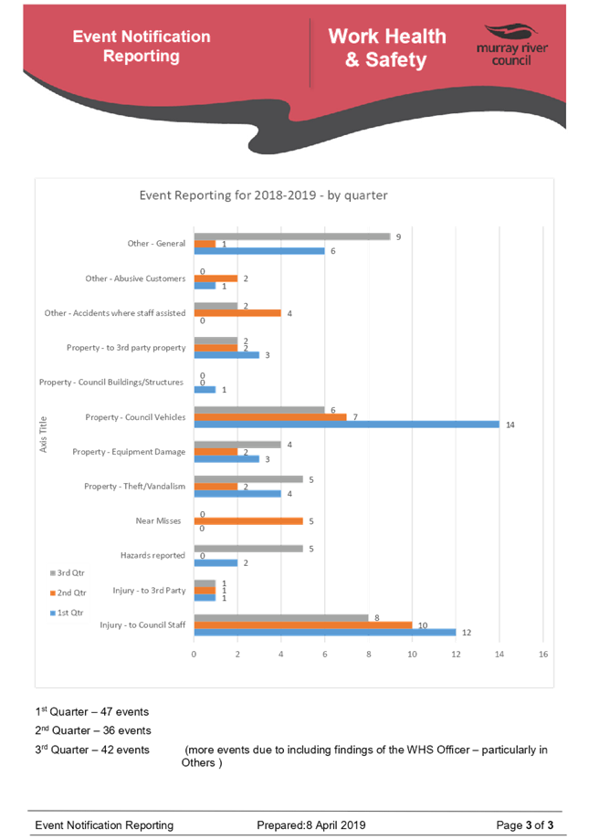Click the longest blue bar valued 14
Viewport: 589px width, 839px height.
[347, 424]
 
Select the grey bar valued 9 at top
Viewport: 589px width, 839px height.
[292, 236]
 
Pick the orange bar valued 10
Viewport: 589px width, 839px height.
[303, 624]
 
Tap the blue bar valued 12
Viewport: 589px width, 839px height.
[325, 632]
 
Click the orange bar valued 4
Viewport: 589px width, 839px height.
[237, 313]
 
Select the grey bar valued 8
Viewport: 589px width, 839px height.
[281, 617]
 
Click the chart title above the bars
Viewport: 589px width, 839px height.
[264, 195]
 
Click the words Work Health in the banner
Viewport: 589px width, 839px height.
[387, 37]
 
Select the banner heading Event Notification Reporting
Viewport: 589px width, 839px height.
[142, 47]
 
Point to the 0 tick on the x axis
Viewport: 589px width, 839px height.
[194, 654]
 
